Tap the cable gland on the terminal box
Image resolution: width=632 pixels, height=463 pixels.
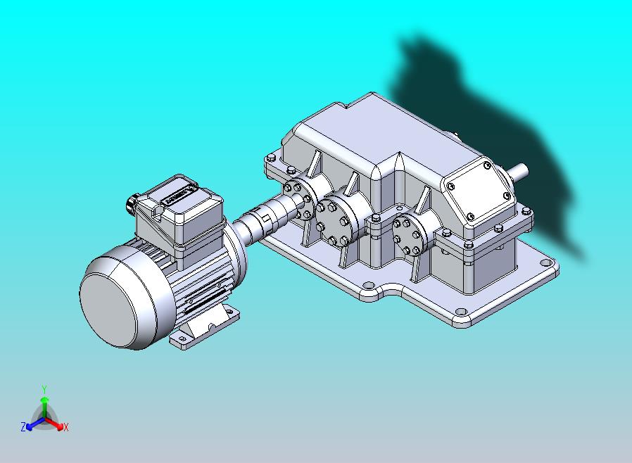click(x=133, y=203)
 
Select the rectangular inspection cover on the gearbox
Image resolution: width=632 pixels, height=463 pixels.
click(x=479, y=191)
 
